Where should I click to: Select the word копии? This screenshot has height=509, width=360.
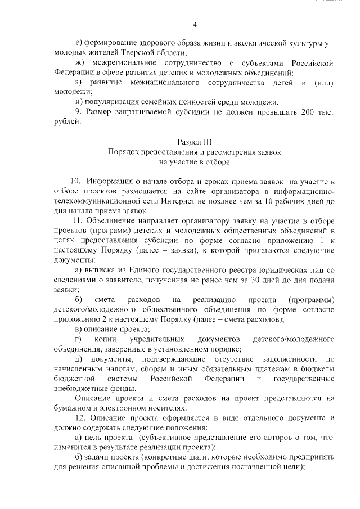[x=111, y=340]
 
